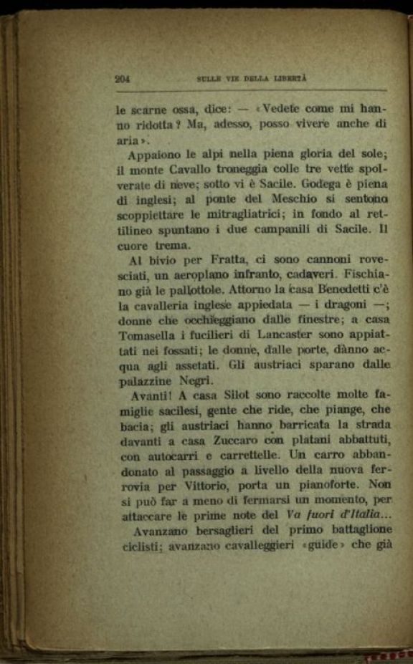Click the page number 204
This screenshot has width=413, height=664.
click(122, 80)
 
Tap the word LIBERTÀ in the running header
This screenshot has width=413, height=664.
click(293, 79)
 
